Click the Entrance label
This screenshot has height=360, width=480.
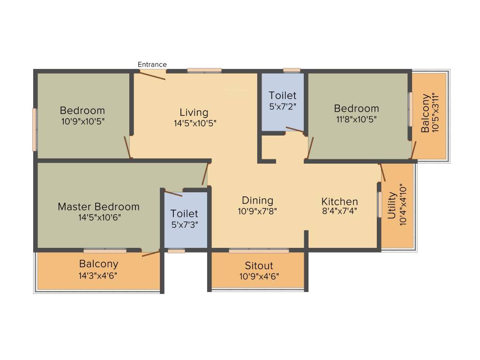click(152, 65)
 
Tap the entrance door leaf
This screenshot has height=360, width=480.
click(152, 75)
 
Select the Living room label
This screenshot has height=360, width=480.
click(194, 112)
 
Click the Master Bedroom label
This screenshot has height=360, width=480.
click(98, 207)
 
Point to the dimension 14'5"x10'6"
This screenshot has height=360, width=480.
click(99, 217)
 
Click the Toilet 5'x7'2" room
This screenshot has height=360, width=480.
click(283, 102)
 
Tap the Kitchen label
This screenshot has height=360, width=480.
click(339, 202)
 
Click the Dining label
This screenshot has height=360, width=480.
click(257, 201)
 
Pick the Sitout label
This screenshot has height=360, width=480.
click(259, 265)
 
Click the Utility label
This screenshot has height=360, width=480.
click(392, 205)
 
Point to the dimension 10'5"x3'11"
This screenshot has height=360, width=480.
click(435, 112)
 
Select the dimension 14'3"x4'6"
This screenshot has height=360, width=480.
click(98, 276)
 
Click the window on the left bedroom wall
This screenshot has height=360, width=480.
click(35, 129)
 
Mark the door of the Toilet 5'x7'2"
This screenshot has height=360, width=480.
click(295, 130)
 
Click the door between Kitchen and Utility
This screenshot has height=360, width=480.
click(382, 172)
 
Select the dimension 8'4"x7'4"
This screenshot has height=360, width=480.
click(339, 211)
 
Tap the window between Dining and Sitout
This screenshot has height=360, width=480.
click(259, 251)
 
